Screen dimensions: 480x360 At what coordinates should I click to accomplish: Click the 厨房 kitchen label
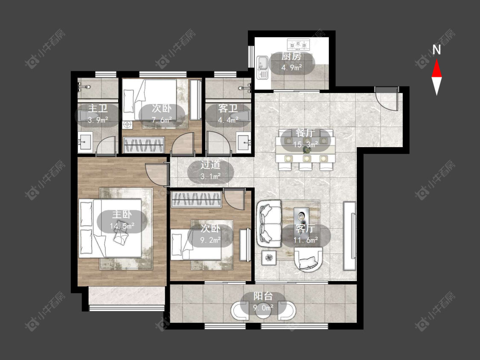[x=291, y=56]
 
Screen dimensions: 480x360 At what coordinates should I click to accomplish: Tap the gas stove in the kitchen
[x=299, y=45]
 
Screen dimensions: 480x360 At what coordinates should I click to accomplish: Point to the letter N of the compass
[x=436, y=49]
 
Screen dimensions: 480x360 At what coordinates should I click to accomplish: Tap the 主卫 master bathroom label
[x=98, y=109]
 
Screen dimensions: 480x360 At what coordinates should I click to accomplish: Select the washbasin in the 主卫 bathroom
[x=85, y=142]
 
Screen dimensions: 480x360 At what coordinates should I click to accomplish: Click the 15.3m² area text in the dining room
[x=304, y=144]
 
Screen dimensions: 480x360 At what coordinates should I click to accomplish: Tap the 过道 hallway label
[x=210, y=165]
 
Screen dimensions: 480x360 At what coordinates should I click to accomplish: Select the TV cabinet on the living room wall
[x=349, y=236]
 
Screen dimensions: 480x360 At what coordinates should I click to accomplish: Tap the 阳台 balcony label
[x=263, y=296]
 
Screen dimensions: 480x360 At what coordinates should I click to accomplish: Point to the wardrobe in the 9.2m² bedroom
[x=196, y=199]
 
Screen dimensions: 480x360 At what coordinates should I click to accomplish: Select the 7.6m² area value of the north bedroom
[x=162, y=120]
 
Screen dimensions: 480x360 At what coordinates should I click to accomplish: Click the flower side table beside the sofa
[x=269, y=258]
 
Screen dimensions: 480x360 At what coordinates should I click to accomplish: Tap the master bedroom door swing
[x=157, y=174]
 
